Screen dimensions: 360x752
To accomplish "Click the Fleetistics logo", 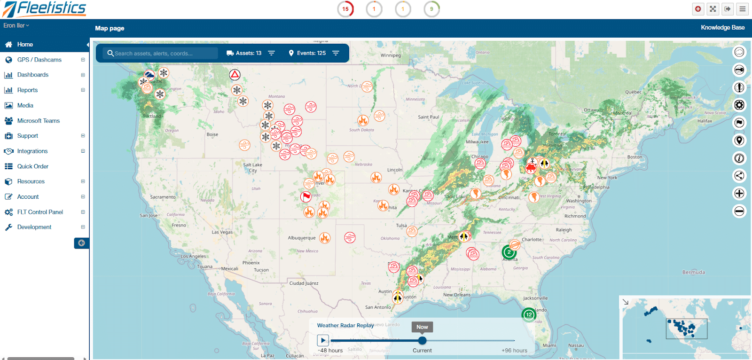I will pos(44,9).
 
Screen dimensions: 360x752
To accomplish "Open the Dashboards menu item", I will pos(32,75).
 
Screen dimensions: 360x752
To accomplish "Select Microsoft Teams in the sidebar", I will pos(38,121).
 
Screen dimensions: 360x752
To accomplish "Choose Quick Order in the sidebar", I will pos(32,166).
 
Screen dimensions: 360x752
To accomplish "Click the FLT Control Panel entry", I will pos(40,212).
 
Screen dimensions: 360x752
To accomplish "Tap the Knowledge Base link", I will pos(722,28).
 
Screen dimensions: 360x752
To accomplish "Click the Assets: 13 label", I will pos(248,53).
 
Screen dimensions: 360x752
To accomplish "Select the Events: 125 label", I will pos(311,53).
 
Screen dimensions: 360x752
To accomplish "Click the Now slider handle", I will pos(422,340).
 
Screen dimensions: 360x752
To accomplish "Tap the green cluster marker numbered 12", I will pos(529,314).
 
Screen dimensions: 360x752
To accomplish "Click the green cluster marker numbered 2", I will pos(509,252).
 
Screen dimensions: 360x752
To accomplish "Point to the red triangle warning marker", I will pos(235,74).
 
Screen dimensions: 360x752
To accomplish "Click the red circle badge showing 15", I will pos(345,9).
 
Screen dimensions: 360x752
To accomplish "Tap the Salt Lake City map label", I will pos(253,167).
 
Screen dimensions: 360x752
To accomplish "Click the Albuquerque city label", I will pos(302,238).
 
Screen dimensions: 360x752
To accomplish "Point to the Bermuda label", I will pos(693,272).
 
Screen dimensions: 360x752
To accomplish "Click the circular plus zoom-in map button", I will pos(739,193).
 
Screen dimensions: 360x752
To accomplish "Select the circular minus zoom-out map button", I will pos(739,211).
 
